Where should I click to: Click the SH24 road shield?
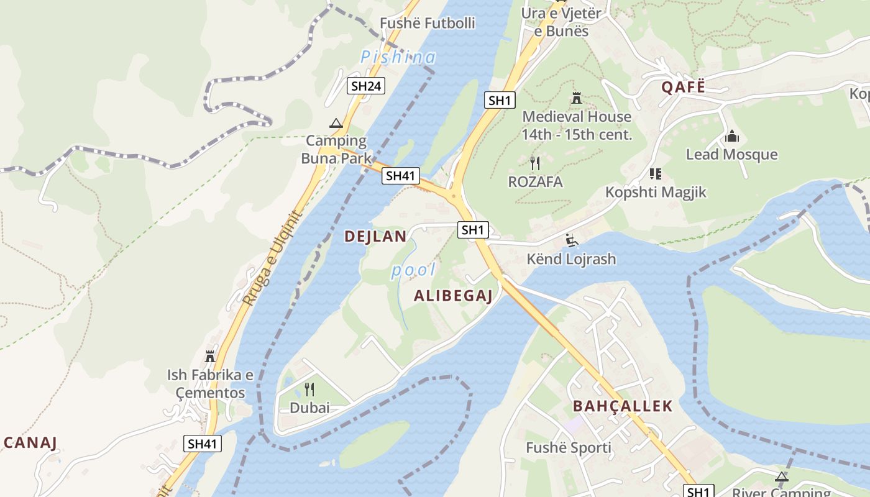pyautogui.click(x=366, y=86)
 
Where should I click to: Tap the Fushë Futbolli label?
pyautogui.click(x=428, y=24)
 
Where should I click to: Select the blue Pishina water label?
pyautogui.click(x=398, y=57)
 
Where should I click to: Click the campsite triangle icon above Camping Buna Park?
pyautogui.click(x=336, y=123)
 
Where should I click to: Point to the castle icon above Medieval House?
pyautogui.click(x=576, y=98)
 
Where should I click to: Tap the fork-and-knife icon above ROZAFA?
pyautogui.click(x=534, y=163)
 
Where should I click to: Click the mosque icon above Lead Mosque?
pyautogui.click(x=731, y=136)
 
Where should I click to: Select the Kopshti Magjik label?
pyautogui.click(x=656, y=192)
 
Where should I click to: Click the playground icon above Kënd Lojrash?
pyautogui.click(x=571, y=240)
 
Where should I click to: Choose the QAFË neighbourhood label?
pyautogui.click(x=683, y=87)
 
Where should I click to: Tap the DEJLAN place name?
pyautogui.click(x=375, y=236)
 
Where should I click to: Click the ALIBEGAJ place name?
pyautogui.click(x=453, y=296)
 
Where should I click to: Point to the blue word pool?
pyautogui.click(x=413, y=270)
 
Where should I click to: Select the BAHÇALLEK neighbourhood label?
pyautogui.click(x=622, y=406)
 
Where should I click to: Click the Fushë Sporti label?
pyautogui.click(x=569, y=448)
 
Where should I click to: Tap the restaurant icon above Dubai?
pyautogui.click(x=309, y=390)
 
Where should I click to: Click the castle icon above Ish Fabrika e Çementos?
pyautogui.click(x=210, y=357)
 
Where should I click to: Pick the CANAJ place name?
pyautogui.click(x=30, y=443)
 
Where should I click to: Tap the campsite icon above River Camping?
pyautogui.click(x=781, y=477)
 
